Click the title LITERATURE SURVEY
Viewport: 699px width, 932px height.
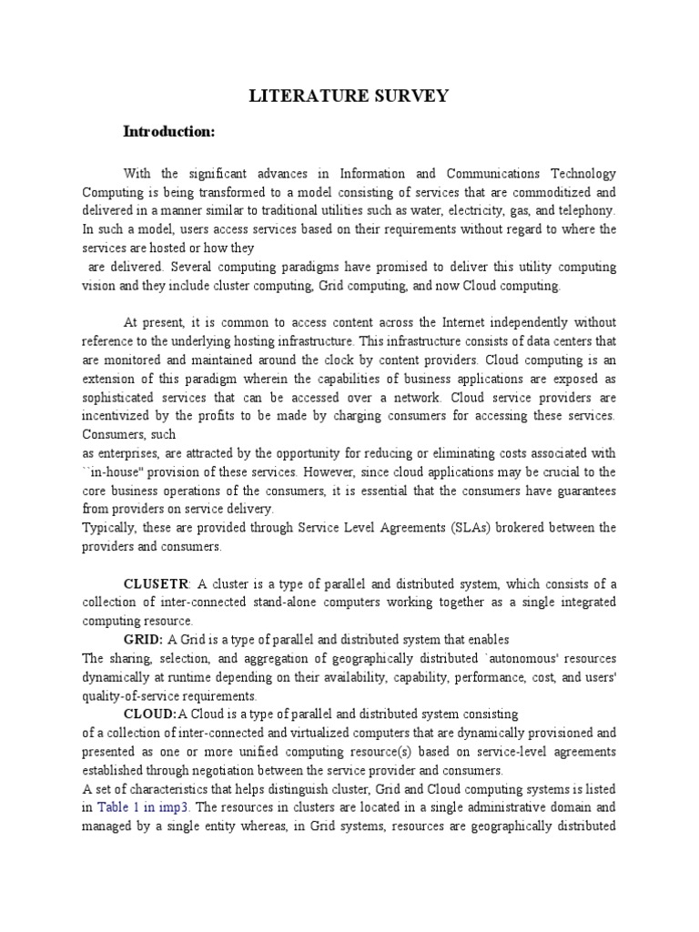click(349, 96)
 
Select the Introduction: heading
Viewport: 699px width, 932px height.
click(168, 132)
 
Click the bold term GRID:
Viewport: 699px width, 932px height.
click(143, 640)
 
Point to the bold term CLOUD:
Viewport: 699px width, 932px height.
click(149, 714)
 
